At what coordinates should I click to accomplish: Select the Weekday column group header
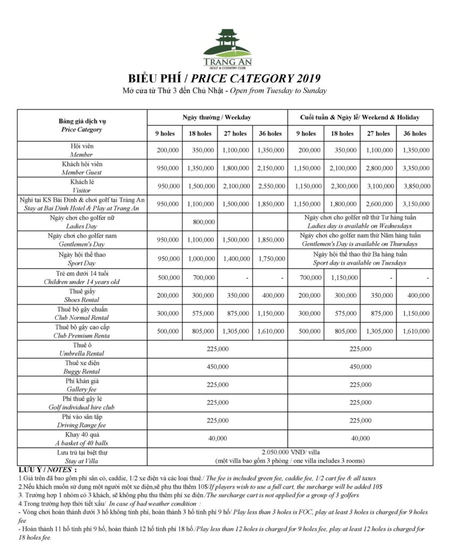pos(217,117)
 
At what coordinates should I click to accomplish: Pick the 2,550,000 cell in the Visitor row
pos(270,186)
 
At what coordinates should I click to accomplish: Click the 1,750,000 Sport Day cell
pos(270,259)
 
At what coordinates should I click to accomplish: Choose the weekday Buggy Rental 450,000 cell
pos(217,367)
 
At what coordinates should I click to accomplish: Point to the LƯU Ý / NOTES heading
pos(47,470)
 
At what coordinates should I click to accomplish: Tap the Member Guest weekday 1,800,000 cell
pos(235,168)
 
